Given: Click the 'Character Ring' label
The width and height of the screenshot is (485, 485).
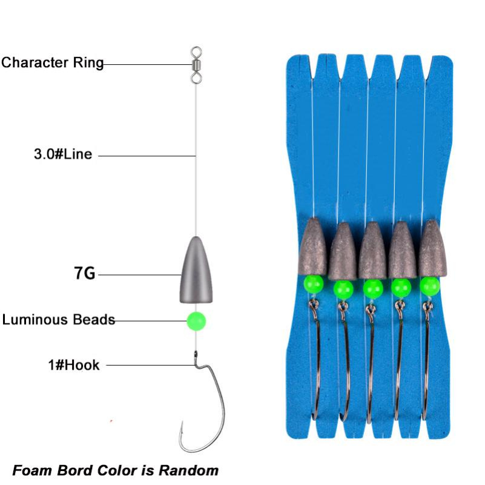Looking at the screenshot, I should click(52, 63).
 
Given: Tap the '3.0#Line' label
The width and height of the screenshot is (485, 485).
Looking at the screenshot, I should click(63, 154).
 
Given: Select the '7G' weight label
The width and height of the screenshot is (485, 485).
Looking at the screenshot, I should click(85, 274).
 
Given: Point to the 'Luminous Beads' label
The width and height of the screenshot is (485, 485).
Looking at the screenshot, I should click(59, 319).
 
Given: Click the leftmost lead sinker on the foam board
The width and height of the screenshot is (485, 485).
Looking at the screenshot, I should click(314, 246).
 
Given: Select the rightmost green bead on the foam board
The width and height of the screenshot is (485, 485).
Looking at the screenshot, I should click(429, 285).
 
